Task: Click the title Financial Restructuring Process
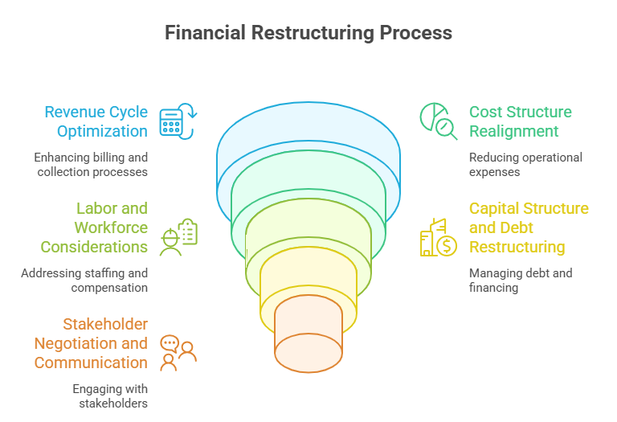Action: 308,33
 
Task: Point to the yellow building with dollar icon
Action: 438,237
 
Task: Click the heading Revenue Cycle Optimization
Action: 96,121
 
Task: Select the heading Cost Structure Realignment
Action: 521,121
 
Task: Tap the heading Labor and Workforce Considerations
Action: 95,227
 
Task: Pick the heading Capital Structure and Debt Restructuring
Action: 529,227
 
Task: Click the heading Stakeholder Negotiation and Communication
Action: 91,343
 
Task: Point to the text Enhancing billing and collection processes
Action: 91,164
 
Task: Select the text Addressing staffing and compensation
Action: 84,280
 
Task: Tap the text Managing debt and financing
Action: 520,280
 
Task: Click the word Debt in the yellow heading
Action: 517,227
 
